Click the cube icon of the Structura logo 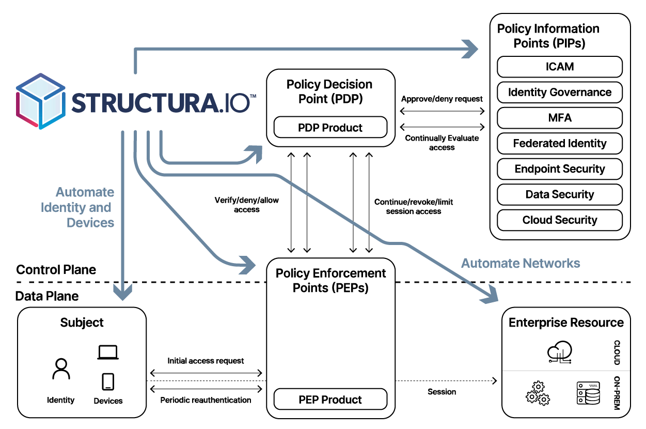41,101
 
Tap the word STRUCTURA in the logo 143,103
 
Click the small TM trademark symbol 252,96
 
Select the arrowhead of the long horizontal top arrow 470,49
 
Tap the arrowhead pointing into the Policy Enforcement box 249,266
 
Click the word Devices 90,223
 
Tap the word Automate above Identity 85,192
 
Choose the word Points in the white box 309,288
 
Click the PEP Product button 330,400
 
